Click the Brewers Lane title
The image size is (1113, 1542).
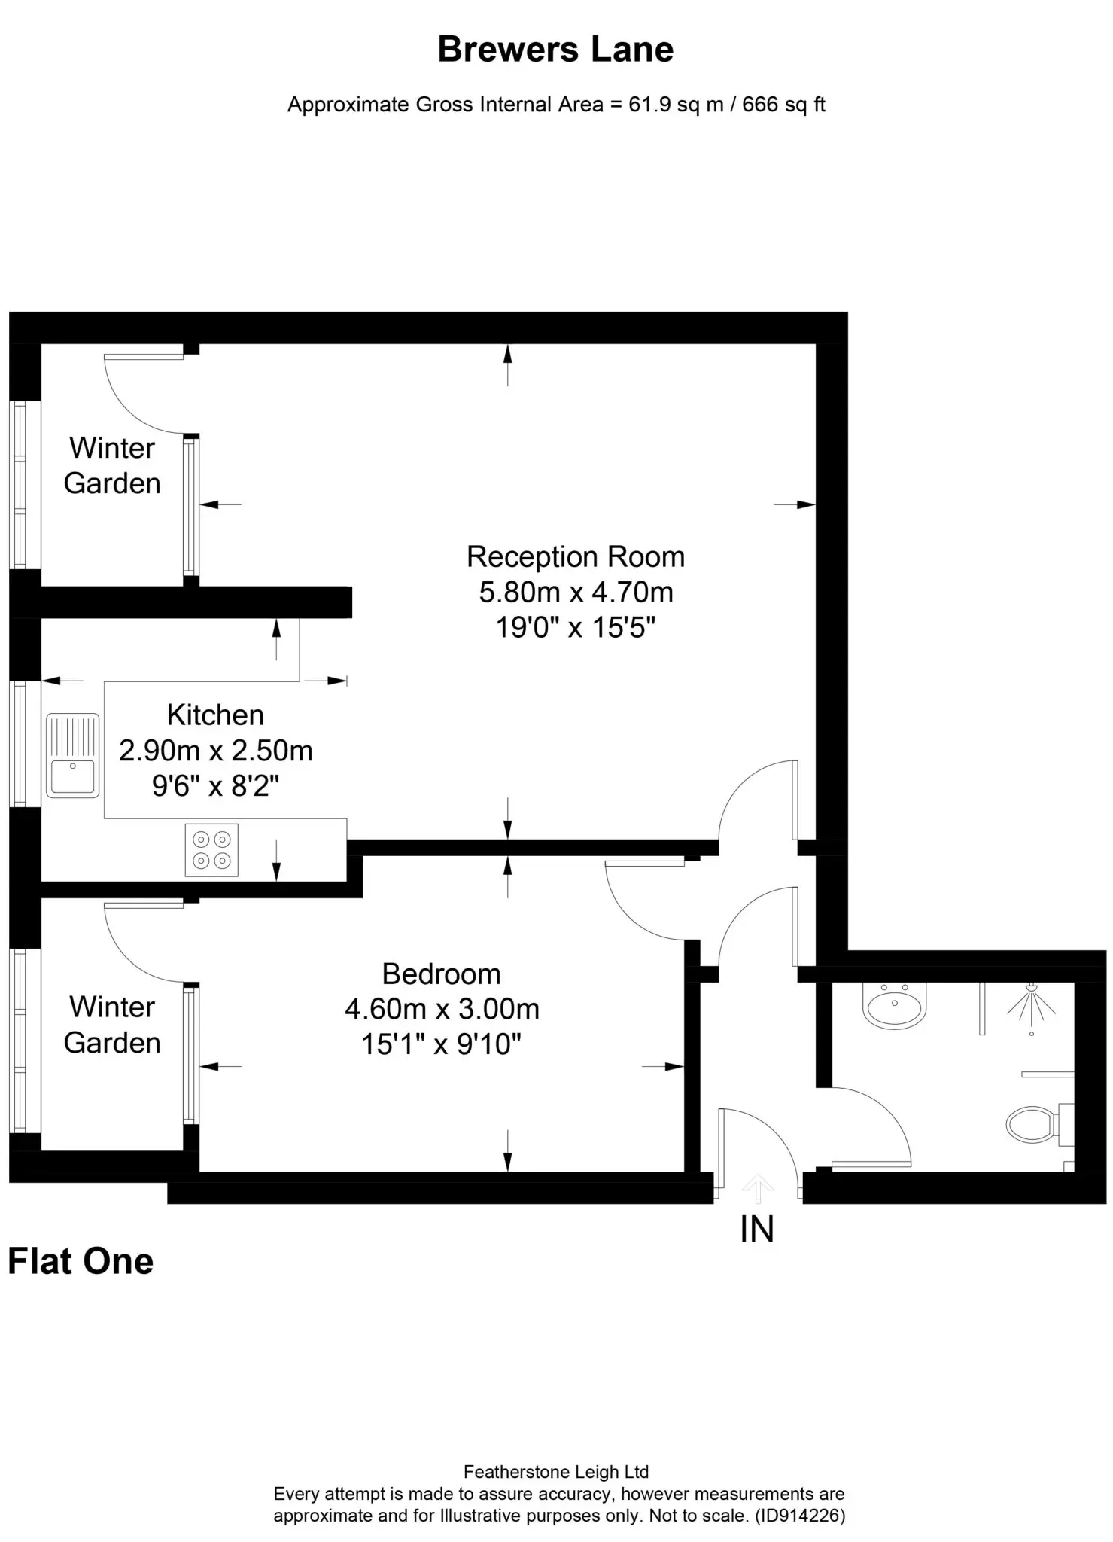(x=555, y=50)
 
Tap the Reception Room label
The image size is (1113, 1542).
(x=576, y=557)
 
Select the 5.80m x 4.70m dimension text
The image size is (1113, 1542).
(x=576, y=593)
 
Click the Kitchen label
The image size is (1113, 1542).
(x=215, y=715)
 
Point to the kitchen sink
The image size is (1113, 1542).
(x=73, y=755)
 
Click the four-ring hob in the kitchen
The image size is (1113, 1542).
(x=211, y=850)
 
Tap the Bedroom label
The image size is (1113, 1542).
(x=441, y=974)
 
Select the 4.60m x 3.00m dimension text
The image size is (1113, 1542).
(x=442, y=1009)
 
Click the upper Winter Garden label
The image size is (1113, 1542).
(x=112, y=465)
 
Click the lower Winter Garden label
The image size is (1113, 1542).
(x=112, y=1025)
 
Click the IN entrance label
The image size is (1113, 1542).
(x=757, y=1230)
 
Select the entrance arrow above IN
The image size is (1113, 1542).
(x=758, y=1188)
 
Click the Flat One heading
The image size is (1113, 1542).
(x=81, y=1261)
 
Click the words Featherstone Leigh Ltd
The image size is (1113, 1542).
(x=556, y=1472)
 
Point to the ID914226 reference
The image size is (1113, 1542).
(x=800, y=1516)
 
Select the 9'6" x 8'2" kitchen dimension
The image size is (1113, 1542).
(x=216, y=787)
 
